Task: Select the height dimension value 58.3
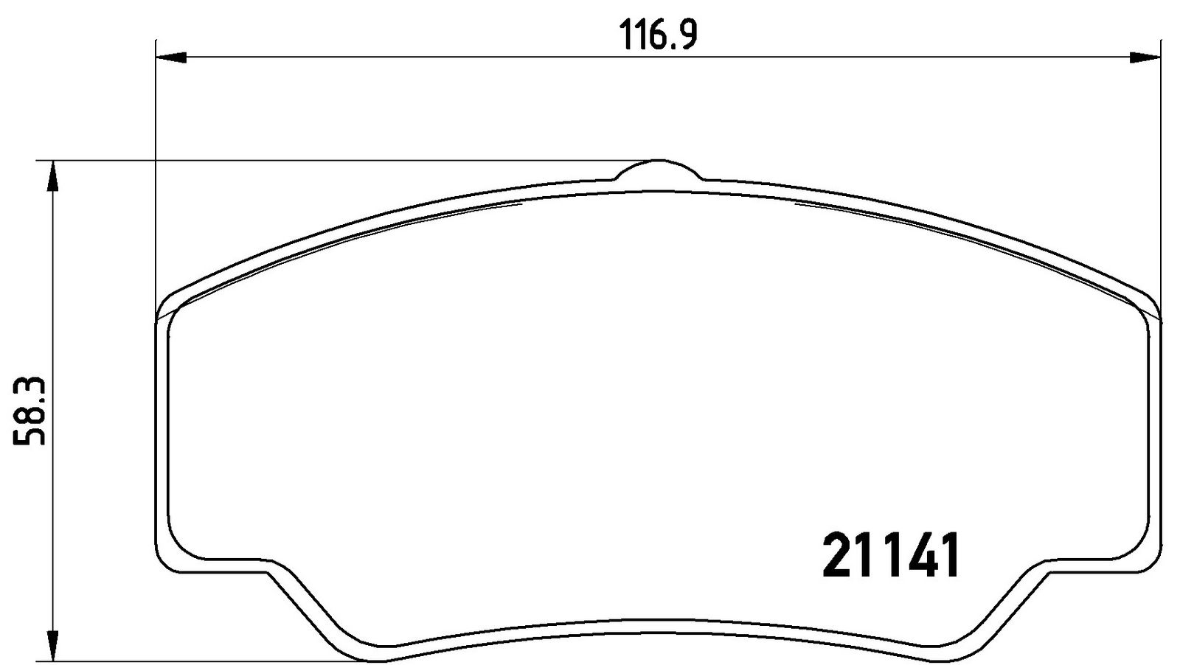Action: pyautogui.click(x=29, y=411)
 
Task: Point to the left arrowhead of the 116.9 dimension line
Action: pyautogui.click(x=172, y=58)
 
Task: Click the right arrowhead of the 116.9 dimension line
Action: pyautogui.click(x=1145, y=58)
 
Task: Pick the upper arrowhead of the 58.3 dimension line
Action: pyautogui.click(x=52, y=176)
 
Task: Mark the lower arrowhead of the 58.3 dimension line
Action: pyautogui.click(x=52, y=646)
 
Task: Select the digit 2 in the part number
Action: pyautogui.click(x=838, y=555)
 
